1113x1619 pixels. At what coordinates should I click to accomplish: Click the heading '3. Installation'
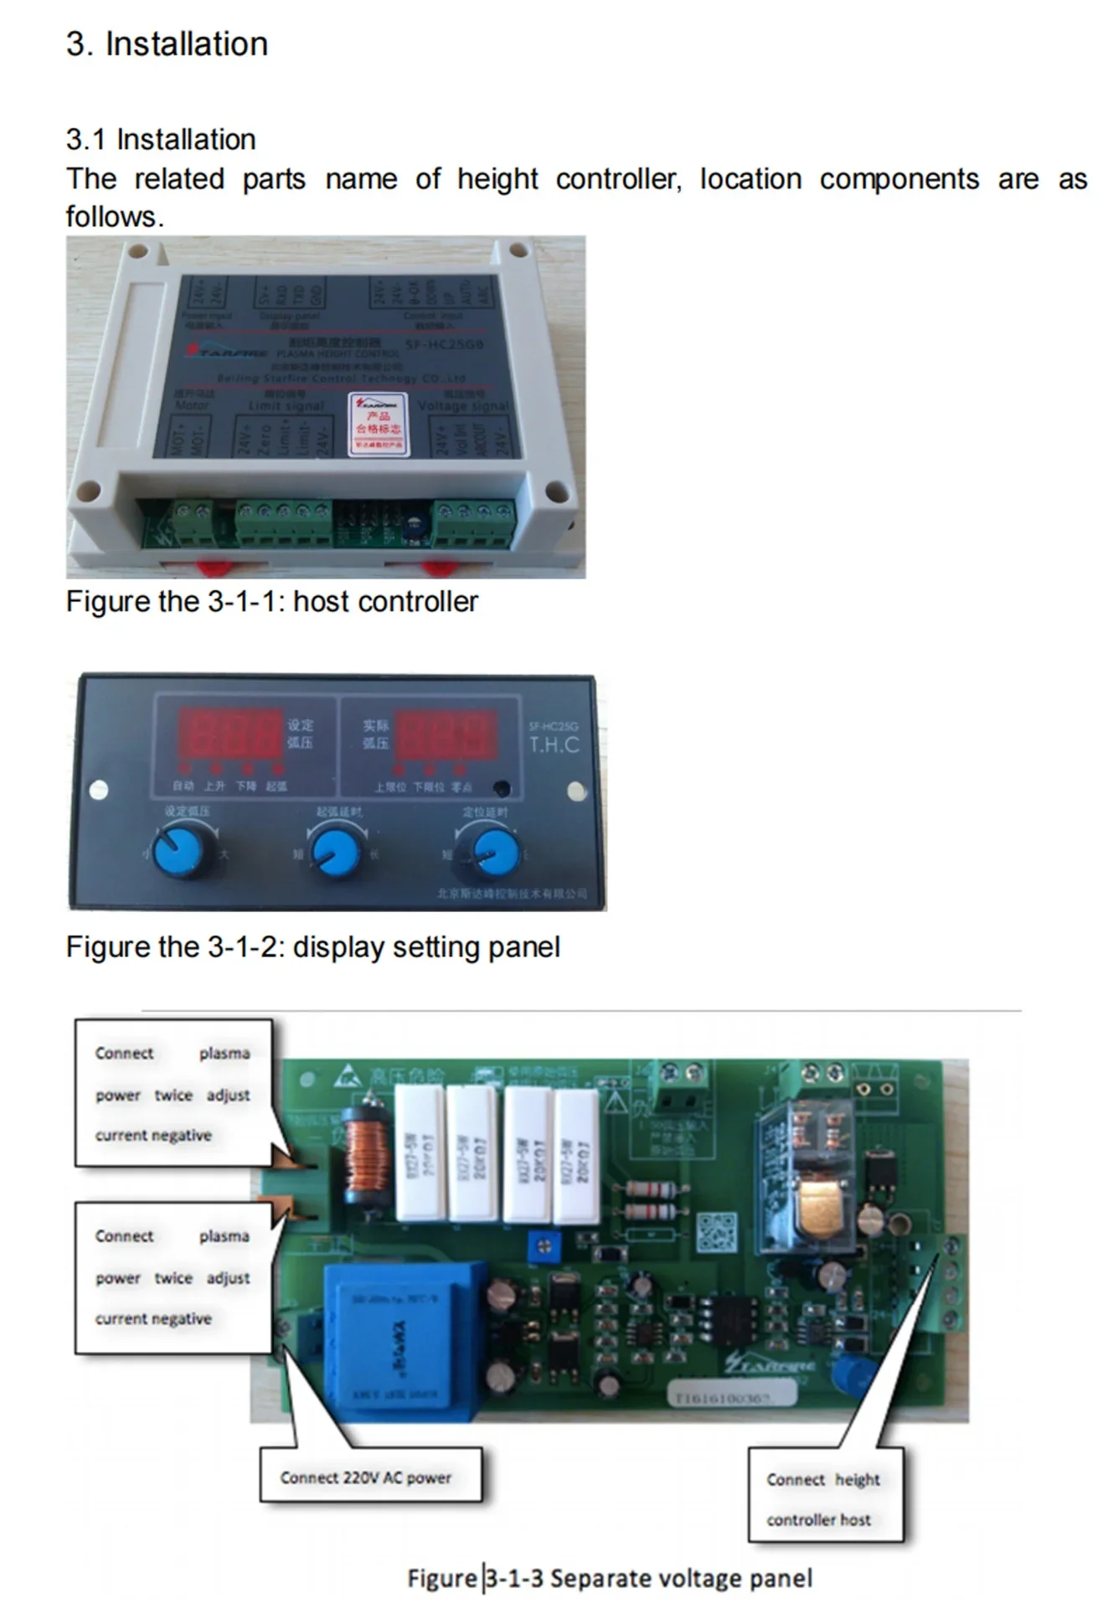pos(167,44)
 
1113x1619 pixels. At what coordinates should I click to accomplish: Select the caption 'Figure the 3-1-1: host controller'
pos(271,601)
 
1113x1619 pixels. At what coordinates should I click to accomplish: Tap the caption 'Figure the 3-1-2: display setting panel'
pos(312,947)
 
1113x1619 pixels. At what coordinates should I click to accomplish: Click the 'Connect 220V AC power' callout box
pos(369,1477)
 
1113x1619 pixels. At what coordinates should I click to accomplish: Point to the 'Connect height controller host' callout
pos(824,1498)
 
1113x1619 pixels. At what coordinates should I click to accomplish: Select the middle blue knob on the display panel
pos(337,849)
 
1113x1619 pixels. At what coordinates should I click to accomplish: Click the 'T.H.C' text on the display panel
pos(554,745)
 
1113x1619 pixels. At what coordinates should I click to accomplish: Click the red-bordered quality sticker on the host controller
pos(379,424)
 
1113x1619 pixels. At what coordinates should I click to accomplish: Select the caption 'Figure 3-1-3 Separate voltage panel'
pos(610,1579)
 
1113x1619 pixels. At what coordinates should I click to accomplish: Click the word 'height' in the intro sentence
pos(497,179)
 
